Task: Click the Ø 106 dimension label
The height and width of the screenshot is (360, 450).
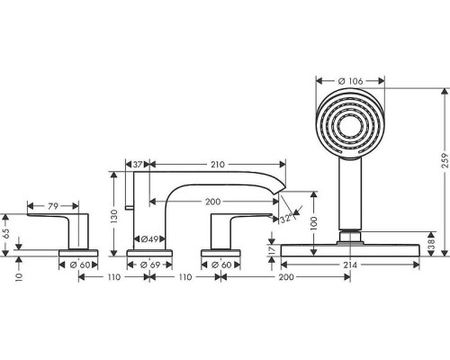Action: pos(350,81)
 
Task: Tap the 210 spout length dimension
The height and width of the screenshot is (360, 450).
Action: pos(218,165)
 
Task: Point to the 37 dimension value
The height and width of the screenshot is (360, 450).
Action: pos(138,165)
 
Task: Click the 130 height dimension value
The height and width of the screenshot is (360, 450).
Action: pos(114,216)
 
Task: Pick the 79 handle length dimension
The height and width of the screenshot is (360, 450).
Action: pos(53,206)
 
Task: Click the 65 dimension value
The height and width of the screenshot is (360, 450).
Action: pos(6,233)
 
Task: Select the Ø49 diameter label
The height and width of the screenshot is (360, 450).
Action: pos(149,239)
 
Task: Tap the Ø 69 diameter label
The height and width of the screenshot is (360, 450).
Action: pos(150,265)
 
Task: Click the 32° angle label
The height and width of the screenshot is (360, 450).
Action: pos(286,219)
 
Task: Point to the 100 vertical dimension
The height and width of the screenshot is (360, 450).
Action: pos(314,223)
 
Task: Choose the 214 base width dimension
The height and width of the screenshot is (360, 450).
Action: pos(350,265)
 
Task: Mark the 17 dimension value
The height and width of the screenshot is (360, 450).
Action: pos(271,249)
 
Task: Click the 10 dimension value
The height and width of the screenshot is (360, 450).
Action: pos(19,277)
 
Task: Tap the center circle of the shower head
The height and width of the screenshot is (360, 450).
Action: pos(350,123)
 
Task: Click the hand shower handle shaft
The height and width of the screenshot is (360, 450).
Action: pos(350,193)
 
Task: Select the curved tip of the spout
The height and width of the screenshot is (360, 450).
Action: pos(281,186)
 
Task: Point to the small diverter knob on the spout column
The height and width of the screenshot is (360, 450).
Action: pos(129,207)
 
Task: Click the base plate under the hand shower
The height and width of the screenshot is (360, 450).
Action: pos(350,250)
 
